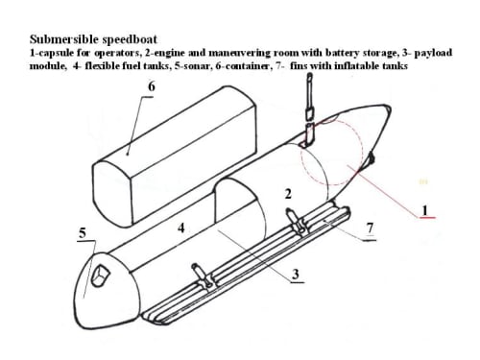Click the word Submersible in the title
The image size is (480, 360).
(64, 39)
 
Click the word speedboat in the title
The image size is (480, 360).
(130, 39)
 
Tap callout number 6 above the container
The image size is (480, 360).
(152, 86)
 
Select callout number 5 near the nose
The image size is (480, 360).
(83, 233)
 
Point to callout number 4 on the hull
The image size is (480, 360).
(181, 228)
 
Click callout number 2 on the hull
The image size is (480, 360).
(288, 194)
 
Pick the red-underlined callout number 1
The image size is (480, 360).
(425, 210)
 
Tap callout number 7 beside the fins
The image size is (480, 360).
(371, 228)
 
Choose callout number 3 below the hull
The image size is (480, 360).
(296, 274)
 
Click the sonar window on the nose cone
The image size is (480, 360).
(100, 275)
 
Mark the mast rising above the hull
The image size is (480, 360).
(309, 108)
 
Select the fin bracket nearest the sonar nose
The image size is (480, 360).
(201, 276)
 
